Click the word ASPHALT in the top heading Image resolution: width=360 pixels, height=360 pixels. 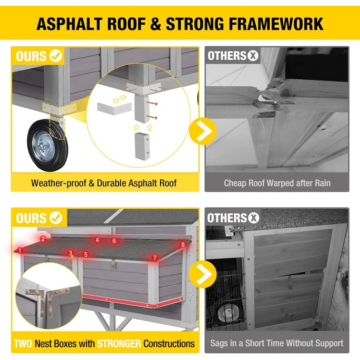click(x=70, y=24)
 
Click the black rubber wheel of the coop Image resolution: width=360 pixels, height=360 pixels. click(x=48, y=145)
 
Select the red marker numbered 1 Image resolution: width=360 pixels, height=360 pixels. click(x=20, y=250)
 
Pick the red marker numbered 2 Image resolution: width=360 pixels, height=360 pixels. click(x=43, y=239)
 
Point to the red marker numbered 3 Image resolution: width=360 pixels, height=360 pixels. click(x=71, y=253)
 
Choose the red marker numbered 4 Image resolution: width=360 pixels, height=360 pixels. click(x=97, y=240)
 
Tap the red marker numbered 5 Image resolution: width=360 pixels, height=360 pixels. click(x=86, y=255)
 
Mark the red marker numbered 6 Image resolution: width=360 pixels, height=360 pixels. click(x=114, y=241)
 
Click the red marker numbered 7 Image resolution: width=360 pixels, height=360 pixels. click(x=155, y=258)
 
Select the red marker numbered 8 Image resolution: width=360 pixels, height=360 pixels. click(x=183, y=245)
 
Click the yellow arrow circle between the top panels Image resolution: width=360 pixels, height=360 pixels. click(x=203, y=131)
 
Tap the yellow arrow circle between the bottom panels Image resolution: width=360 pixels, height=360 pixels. click(x=203, y=274)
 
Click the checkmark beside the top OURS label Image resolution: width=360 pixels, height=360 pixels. click(x=56, y=56)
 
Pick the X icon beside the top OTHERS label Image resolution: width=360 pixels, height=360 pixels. click(x=253, y=56)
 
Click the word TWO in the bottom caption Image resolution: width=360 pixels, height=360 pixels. click(x=23, y=344)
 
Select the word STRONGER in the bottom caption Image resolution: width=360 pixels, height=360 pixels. click(x=119, y=344)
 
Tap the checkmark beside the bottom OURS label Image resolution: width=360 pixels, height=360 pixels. click(x=56, y=217)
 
